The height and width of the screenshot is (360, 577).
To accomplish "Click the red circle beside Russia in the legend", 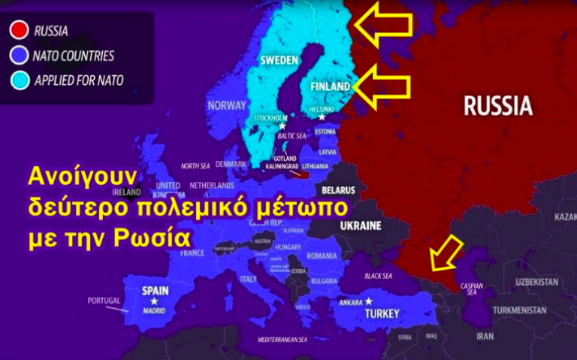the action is point(16,31).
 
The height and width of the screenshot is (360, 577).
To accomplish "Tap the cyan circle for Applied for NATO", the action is point(16,80).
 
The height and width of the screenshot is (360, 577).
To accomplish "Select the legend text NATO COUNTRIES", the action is point(74,56).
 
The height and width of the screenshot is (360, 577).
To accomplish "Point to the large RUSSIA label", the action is point(497,105).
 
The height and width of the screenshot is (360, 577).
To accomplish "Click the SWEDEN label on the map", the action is point(279,59).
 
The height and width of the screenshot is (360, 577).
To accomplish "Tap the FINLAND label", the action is point(330,86).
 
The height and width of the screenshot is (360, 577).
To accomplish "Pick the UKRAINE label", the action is point(361,225).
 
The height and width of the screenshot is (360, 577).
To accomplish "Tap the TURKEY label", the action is point(382,313).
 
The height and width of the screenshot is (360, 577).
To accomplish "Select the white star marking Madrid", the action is point(154,301).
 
